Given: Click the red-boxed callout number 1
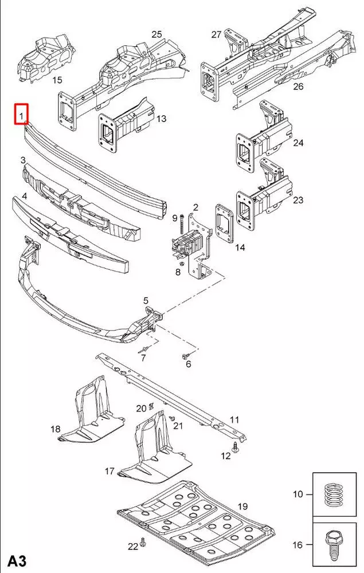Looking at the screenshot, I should pos(21,114).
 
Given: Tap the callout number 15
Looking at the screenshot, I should pos(57,80).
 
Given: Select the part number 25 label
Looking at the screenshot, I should pos(156,34).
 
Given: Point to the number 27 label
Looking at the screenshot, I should pos(216,34).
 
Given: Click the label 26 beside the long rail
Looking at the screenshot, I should pos(298,87).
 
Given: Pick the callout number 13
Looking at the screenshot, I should pos(161,119).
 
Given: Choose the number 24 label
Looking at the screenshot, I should pos(298,143).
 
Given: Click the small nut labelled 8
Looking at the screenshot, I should pos(182,264).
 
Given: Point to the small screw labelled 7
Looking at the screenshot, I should pos(143,349).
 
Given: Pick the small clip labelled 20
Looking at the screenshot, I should pos(151,406).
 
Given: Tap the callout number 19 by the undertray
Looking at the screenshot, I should pos(242,506).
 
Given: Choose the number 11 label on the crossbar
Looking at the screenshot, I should pos(234,420).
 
